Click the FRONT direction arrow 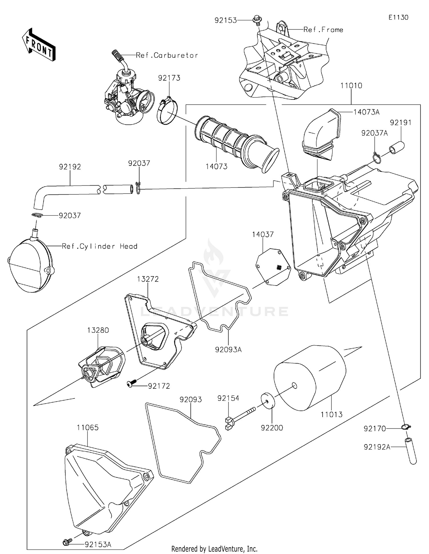pos(39,45)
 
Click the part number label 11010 pos(351,85)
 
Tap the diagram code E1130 pos(398,17)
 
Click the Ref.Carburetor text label pos(167,55)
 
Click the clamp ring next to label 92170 pos(406,427)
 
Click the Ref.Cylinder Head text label pos(100,246)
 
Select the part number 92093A pos(228,349)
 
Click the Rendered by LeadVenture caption pos(214,549)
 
